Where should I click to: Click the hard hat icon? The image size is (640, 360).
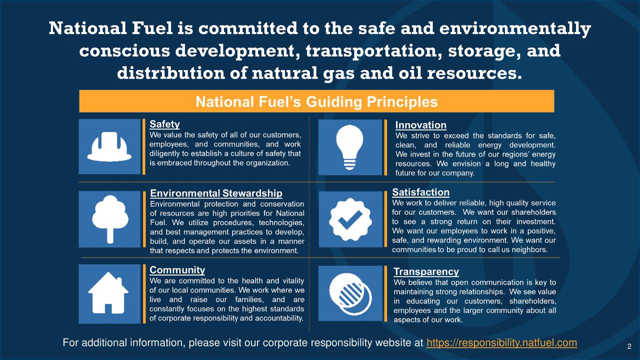pyautogui.click(x=109, y=146)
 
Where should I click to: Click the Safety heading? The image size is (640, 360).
pyautogui.click(x=165, y=124)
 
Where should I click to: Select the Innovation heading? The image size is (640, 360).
pyautogui.click(x=420, y=125)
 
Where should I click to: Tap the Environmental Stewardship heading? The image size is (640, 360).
pyautogui.click(x=216, y=193)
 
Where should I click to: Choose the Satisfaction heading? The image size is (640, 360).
pyautogui.click(x=420, y=192)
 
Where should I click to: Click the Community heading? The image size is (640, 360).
pyautogui.click(x=177, y=270)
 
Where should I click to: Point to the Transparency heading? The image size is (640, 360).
pyautogui.click(x=426, y=271)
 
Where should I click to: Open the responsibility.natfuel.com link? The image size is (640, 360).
pyautogui.click(x=501, y=343)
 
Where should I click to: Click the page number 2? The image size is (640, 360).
pyautogui.click(x=629, y=347)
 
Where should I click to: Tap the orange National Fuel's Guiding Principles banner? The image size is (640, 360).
pyautogui.click(x=316, y=101)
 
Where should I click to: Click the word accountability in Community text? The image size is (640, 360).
pyautogui.click(x=278, y=318)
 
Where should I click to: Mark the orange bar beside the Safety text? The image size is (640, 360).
pyautogui.click(x=144, y=146)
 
